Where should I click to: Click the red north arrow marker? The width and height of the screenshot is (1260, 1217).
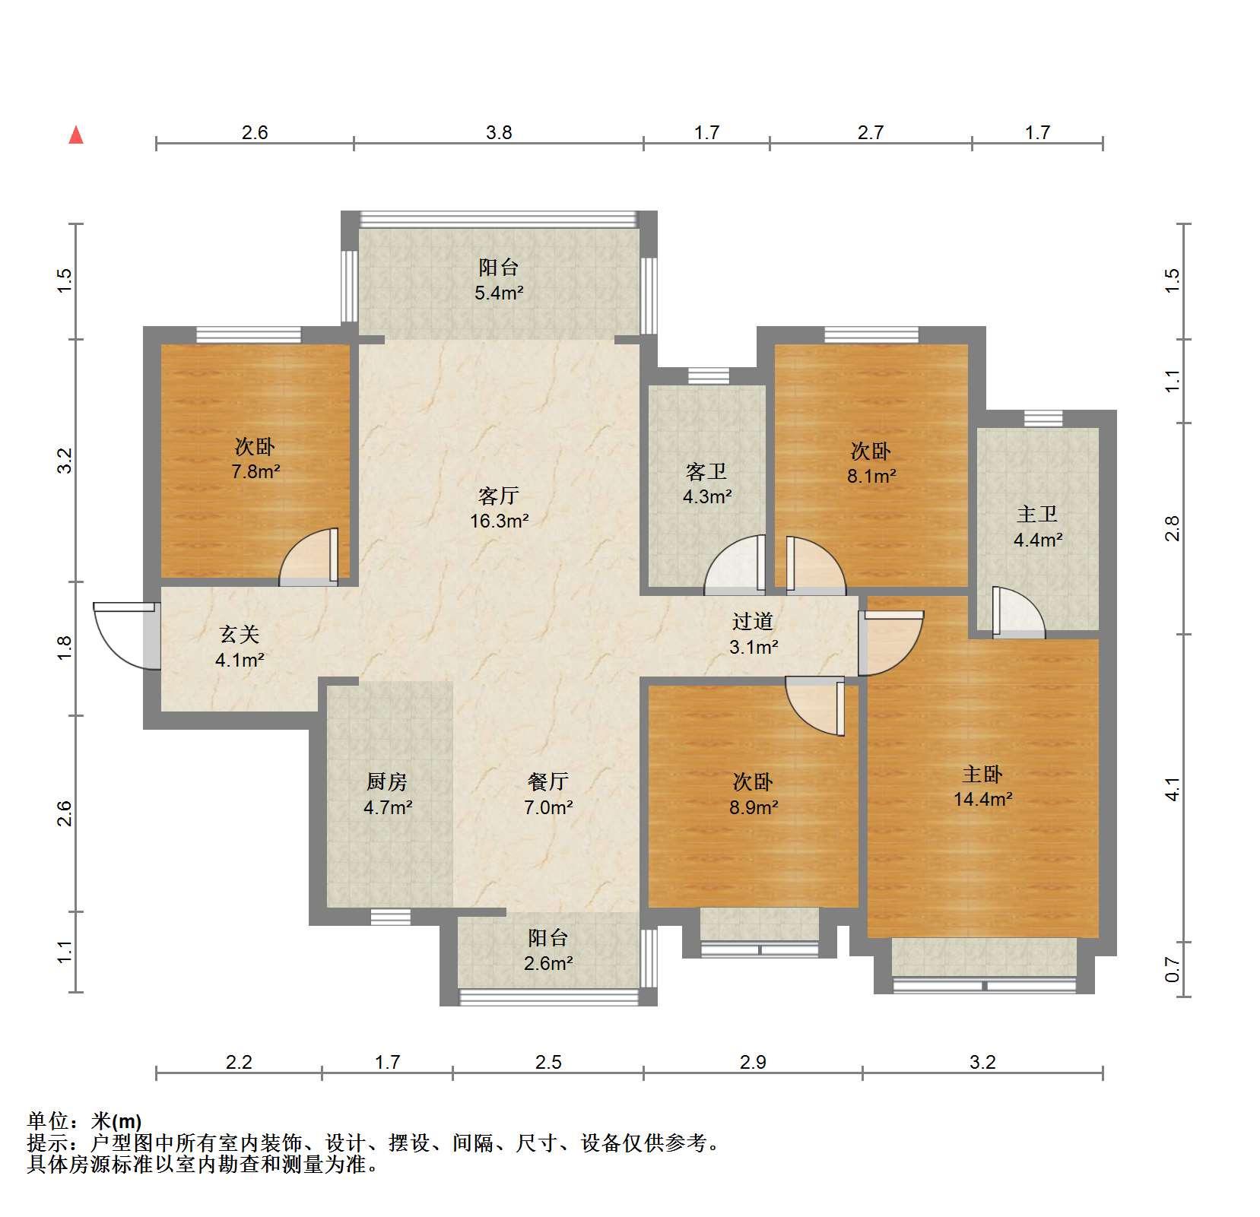coord(76,135)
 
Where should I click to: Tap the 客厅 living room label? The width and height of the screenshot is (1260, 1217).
coord(499,496)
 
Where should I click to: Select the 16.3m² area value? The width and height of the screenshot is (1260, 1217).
coord(499,521)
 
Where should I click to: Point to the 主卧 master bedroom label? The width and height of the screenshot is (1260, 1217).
coord(982,774)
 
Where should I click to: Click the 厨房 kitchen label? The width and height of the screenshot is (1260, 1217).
coord(387,781)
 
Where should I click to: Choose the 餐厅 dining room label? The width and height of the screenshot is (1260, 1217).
coord(547,781)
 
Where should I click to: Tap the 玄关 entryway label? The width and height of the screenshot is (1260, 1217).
coord(240,634)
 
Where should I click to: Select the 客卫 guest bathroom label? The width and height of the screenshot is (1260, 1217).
coord(706,472)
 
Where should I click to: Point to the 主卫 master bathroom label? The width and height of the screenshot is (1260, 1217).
coord(1037,515)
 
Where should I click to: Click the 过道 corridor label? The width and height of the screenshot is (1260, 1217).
coord(753,621)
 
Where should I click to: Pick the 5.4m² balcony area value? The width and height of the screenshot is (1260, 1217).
coord(499,292)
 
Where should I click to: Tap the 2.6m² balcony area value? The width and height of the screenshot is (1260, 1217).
coord(547,963)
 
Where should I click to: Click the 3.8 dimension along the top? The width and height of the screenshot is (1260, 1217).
coord(499,132)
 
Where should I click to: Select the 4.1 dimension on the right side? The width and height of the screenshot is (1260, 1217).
coord(1173,789)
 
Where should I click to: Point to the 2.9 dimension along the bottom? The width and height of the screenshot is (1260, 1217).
coord(753,1062)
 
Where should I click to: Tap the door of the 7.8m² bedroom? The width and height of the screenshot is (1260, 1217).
coord(309,557)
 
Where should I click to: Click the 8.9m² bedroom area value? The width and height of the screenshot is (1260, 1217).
coord(753,807)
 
